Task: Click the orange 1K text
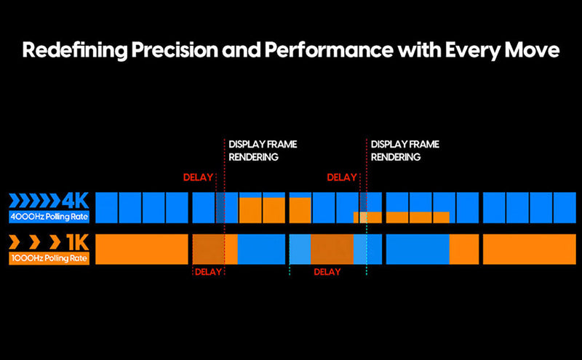(76, 242)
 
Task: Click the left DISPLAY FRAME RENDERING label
(263, 151)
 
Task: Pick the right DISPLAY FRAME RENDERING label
(405, 151)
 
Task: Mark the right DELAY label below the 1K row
(327, 272)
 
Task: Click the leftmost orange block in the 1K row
(142, 249)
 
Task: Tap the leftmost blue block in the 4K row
(107, 207)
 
